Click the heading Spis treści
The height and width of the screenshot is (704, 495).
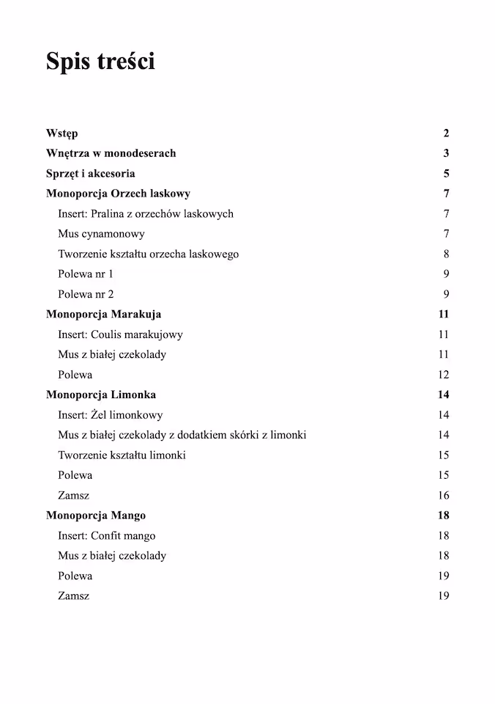100,62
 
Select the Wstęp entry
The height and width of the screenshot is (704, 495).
62,133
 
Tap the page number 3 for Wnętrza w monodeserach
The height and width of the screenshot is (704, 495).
446,153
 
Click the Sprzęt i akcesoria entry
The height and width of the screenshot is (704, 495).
90,174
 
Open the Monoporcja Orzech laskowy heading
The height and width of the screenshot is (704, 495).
118,194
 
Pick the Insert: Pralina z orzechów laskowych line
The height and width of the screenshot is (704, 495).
146,213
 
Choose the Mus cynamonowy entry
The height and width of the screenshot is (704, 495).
101,234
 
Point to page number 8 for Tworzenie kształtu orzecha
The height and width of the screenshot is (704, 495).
446,254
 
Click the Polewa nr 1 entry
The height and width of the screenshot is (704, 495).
86,274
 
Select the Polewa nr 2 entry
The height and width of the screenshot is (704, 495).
86,294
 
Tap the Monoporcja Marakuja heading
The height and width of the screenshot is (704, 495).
103,314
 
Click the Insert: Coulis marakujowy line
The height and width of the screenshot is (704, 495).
120,334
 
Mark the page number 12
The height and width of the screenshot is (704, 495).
444,375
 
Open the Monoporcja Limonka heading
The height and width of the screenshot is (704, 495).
101,395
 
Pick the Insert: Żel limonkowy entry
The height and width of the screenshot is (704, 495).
110,415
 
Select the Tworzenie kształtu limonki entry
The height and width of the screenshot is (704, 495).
122,455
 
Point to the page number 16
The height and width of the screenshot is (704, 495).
444,495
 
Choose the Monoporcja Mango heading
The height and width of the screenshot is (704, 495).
96,516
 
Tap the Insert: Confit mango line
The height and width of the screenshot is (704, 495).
106,535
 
